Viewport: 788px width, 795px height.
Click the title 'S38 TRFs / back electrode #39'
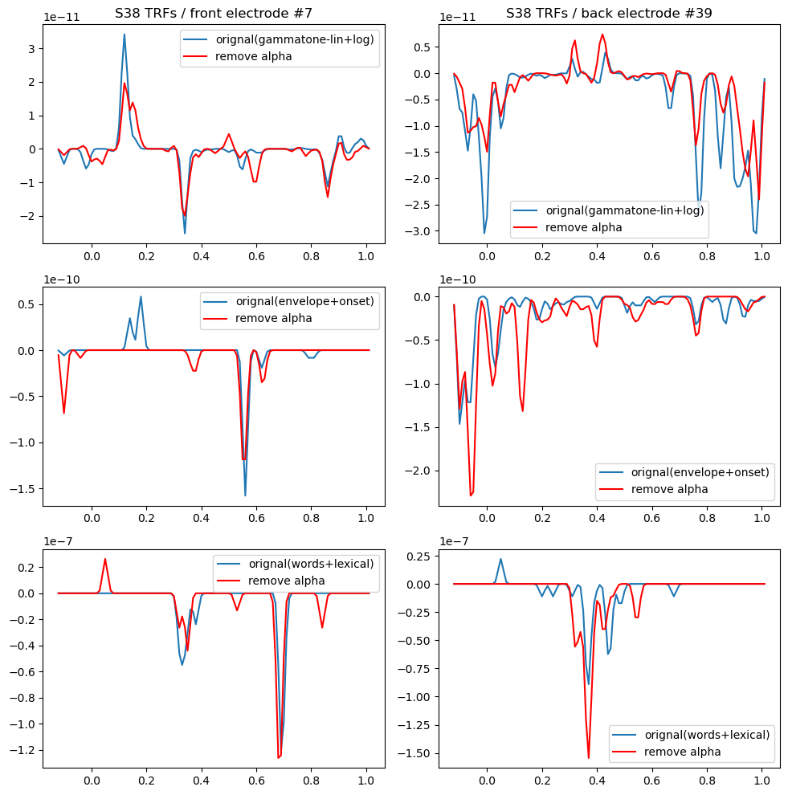(609, 13)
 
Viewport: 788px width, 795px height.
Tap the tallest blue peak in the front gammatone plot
(124, 35)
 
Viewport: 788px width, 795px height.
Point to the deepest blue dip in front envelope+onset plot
(245, 495)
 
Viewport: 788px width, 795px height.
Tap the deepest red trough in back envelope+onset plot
(471, 495)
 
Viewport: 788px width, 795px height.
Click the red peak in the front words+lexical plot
(104, 559)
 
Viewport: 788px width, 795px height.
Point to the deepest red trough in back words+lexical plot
(588, 757)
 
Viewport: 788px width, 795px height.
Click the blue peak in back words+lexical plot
(500, 559)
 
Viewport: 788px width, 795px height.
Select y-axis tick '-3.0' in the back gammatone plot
(423, 230)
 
